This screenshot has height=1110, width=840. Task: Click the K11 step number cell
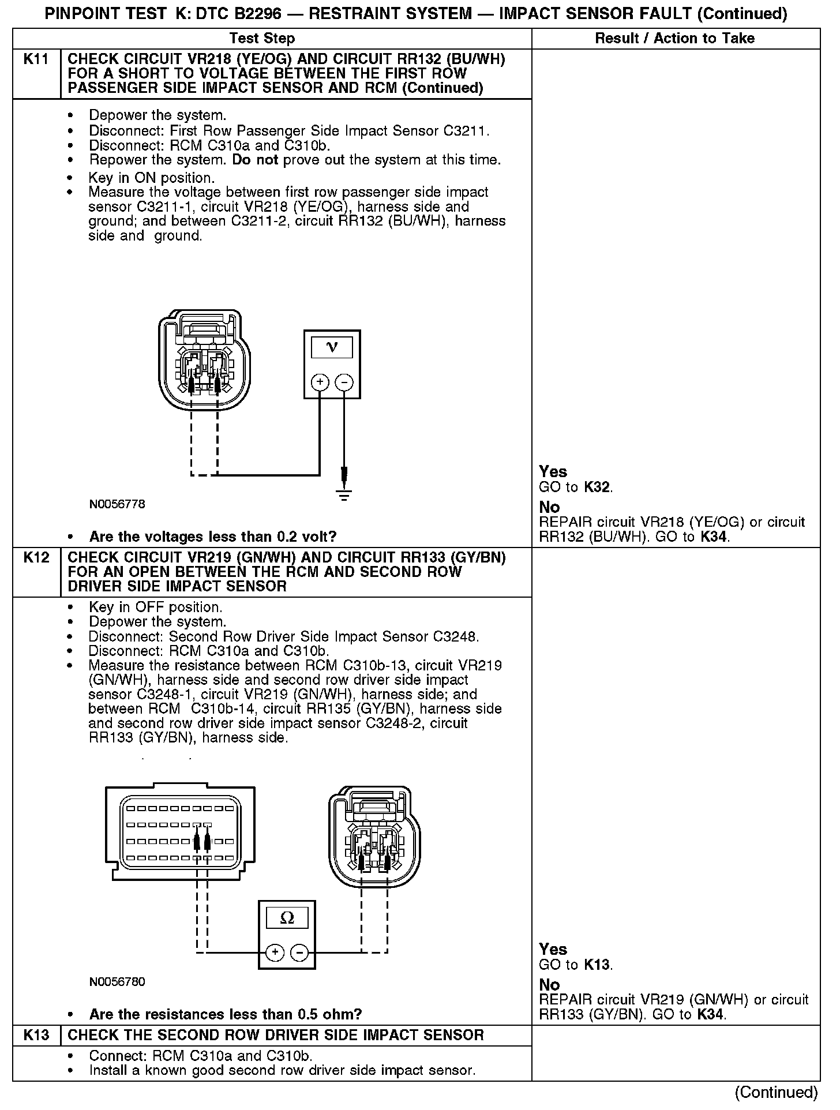coord(36,59)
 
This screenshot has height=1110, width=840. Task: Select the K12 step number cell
coord(36,558)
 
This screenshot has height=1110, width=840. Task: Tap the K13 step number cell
coord(36,1035)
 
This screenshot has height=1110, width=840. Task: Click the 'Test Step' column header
coord(262,39)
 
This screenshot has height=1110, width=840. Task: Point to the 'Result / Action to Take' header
coord(674,39)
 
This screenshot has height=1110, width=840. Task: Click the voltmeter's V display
coord(332,347)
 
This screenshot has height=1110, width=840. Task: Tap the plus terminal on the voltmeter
coord(320,382)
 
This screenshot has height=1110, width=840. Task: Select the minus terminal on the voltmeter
coord(344,382)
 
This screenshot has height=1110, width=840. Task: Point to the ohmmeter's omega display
coord(287,918)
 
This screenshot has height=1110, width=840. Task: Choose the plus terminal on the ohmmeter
coord(275,952)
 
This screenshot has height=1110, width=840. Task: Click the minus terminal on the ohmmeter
coord(299,952)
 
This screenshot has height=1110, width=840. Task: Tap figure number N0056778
coord(117,504)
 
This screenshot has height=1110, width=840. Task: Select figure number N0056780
coord(117,982)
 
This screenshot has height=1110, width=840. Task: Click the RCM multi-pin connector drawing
coord(180,831)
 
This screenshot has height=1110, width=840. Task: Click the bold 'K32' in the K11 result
coord(597,487)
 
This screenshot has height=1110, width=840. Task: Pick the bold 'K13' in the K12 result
coord(597,965)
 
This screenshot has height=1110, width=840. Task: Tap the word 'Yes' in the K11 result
coord(553,472)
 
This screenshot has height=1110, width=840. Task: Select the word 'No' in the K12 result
coord(549,985)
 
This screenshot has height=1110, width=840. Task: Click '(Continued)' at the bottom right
coord(777,1092)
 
